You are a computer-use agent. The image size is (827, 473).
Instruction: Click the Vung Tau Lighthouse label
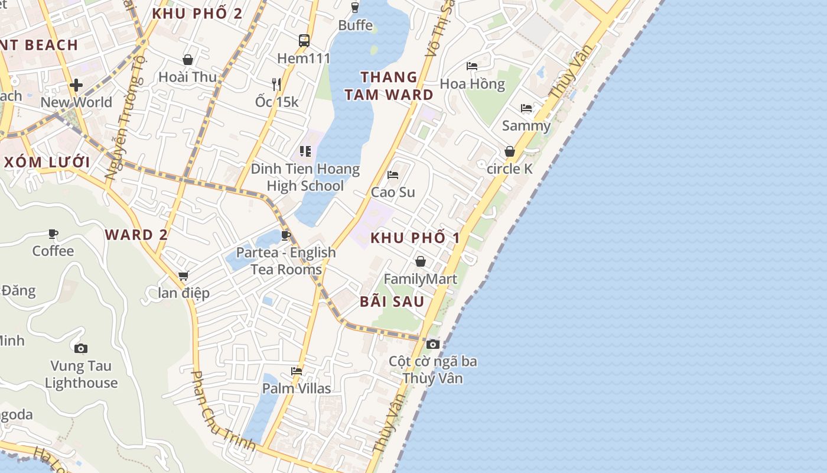pyautogui.click(x=81, y=374)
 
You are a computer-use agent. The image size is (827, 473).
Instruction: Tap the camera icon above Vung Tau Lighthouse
pyautogui.click(x=81, y=348)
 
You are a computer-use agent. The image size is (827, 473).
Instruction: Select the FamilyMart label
pyautogui.click(x=420, y=279)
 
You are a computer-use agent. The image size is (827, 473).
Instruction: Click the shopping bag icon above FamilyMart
pyautogui.click(x=421, y=261)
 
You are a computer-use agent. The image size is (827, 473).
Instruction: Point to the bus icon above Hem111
pyautogui.click(x=304, y=41)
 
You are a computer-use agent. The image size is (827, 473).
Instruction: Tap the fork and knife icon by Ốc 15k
pyautogui.click(x=276, y=84)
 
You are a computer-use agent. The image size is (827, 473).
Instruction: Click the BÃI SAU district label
pyautogui.click(x=392, y=302)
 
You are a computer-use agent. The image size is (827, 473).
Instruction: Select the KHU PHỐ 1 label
pyautogui.click(x=415, y=238)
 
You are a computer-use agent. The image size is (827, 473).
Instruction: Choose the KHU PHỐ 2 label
pyautogui.click(x=197, y=14)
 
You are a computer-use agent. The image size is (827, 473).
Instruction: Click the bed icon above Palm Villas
pyautogui.click(x=297, y=371)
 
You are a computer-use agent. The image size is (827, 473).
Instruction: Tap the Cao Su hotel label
pyautogui.click(x=393, y=192)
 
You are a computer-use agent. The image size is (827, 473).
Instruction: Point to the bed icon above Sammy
pyautogui.click(x=526, y=108)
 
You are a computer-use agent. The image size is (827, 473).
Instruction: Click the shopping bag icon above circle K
pyautogui.click(x=510, y=151)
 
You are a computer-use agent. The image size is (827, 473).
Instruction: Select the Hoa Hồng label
pyautogui.click(x=473, y=84)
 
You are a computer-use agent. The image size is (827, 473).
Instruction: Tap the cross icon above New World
pyautogui.click(x=76, y=85)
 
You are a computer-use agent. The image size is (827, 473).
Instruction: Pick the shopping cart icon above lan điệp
pyautogui.click(x=184, y=276)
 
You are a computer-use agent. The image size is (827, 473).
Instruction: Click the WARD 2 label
pyautogui.click(x=136, y=235)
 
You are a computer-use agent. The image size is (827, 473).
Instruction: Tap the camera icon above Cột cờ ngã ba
pyautogui.click(x=433, y=344)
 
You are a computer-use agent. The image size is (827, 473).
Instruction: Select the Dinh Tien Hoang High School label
pyautogui.click(x=305, y=177)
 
